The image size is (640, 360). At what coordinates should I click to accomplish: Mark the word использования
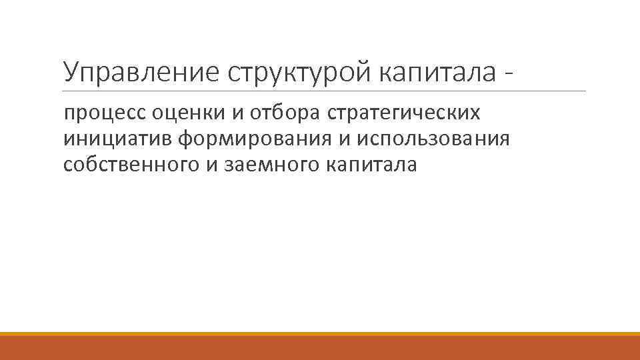pyautogui.click(x=433, y=139)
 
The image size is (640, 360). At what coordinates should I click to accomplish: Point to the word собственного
pyautogui.click(x=130, y=164)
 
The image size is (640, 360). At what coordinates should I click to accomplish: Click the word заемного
pyautogui.click(x=269, y=164)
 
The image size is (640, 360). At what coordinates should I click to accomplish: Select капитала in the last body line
pyautogui.click(x=371, y=164)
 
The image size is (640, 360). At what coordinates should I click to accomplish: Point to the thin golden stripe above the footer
pyautogui.click(x=320, y=333)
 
